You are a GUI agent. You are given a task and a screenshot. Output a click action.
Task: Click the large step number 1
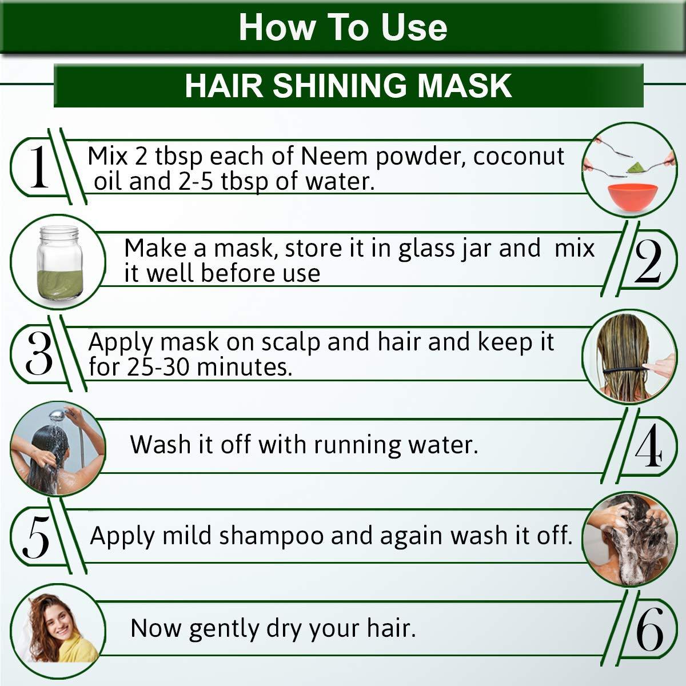point(38,167)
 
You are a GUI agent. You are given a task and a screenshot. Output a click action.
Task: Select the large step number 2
point(648,262)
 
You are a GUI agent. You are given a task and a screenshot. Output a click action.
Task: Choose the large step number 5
point(35,537)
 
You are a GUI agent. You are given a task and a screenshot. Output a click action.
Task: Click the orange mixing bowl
point(629,198)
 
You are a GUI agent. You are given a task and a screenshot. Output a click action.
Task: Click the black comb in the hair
point(623,371)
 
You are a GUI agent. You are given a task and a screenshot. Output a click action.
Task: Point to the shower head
point(56,416)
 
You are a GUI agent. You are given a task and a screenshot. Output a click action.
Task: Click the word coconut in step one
point(519,157)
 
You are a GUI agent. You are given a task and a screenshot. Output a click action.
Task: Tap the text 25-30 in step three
point(158,367)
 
